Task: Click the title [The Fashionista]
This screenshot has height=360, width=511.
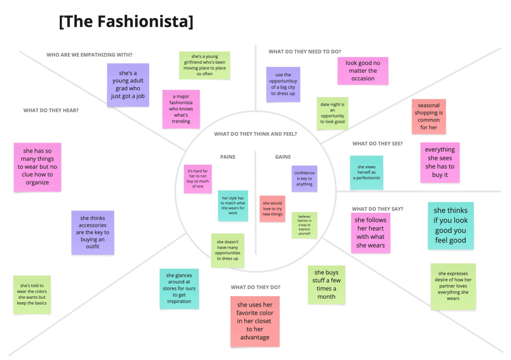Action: (x=126, y=22)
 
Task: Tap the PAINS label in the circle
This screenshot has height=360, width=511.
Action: (x=228, y=157)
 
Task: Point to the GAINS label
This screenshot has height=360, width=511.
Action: (x=283, y=157)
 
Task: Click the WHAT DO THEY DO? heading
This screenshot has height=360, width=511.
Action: (x=255, y=287)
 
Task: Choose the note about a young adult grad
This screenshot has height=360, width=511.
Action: (x=128, y=85)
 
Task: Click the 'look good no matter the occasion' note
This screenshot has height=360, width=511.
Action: (x=363, y=71)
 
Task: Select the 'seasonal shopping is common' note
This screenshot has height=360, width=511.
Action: (x=429, y=117)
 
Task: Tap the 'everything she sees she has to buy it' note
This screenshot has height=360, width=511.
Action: (x=440, y=162)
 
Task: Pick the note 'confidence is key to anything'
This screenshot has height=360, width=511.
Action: (x=304, y=179)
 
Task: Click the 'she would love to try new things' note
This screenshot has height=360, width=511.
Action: (x=272, y=208)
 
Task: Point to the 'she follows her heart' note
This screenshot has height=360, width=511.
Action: (x=370, y=233)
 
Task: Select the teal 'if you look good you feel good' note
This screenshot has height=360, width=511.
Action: (x=451, y=225)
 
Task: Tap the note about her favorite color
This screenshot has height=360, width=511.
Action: (x=255, y=321)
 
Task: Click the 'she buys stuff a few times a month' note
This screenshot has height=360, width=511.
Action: (x=326, y=284)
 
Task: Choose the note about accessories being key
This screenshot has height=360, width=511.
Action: (x=92, y=232)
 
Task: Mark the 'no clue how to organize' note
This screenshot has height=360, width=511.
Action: (x=37, y=167)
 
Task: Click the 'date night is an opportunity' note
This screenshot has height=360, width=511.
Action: (x=332, y=113)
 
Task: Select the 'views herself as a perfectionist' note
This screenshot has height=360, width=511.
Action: (x=366, y=173)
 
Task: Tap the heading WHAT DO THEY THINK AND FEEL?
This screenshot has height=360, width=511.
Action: (x=255, y=134)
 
